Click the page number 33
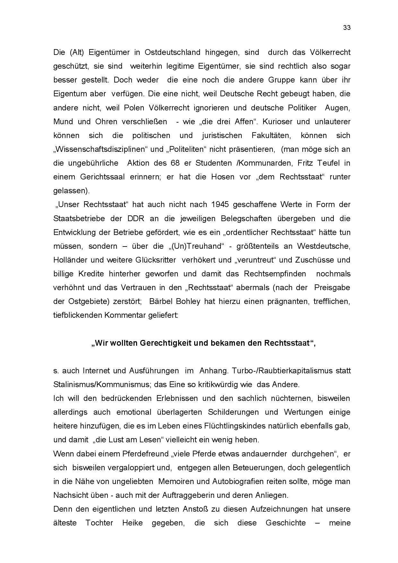[x=347, y=28]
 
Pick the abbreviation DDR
[x=136, y=219]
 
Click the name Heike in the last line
[x=132, y=523]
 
